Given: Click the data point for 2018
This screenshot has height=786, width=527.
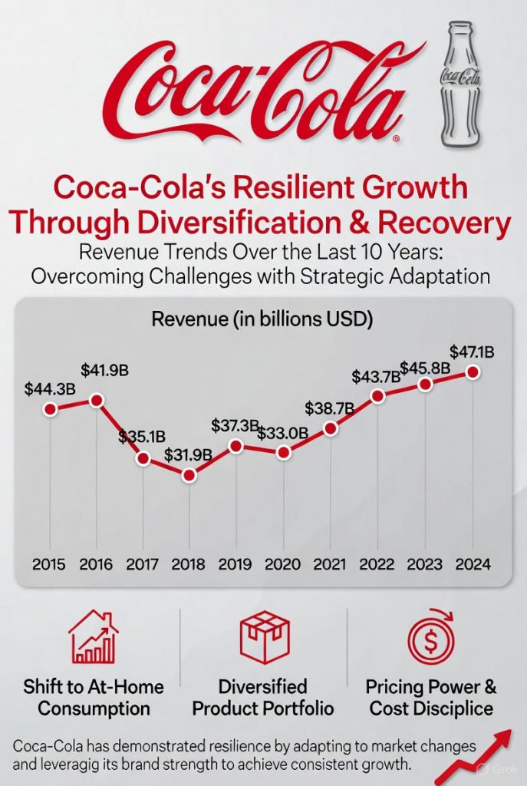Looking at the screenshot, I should coord(189,475).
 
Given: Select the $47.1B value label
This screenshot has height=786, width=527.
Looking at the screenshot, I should coord(472,353).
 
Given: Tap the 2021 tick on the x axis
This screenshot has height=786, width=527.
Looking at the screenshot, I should coord(331,565).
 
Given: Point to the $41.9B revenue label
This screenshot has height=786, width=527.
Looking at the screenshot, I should coord(106,370).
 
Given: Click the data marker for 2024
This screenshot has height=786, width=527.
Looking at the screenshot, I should coord(473,372).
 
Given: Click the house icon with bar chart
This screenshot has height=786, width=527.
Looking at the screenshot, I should coord(93,636).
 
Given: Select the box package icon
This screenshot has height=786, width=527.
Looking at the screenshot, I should coord(262,636).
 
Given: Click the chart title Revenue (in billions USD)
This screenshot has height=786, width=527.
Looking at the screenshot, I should coord(262,319).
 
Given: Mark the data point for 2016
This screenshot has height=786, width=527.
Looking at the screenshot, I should coord(97,400).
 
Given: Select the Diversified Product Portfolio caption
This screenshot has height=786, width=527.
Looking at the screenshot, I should coord(262,696).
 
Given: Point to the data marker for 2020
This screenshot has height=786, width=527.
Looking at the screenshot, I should coord(284,453).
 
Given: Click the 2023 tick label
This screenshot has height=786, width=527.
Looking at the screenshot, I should coord(425,565).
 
